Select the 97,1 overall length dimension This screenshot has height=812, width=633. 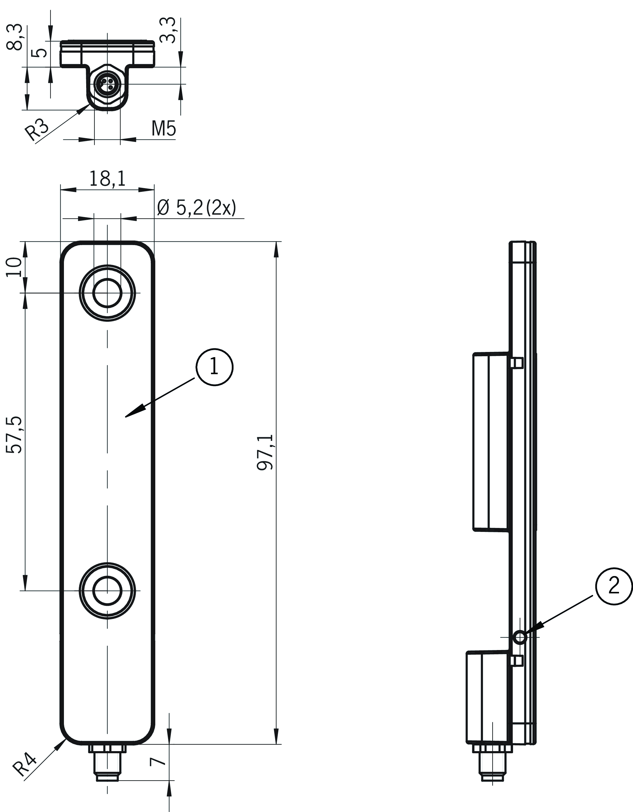tap(266, 452)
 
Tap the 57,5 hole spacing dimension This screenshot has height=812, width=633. tap(15, 435)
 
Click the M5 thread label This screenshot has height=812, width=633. tap(164, 129)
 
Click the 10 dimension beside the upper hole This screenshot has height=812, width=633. tap(14, 267)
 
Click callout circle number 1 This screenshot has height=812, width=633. tap(214, 367)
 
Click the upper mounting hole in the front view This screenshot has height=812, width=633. tap(107, 293)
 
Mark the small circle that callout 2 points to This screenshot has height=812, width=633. tap(519, 638)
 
